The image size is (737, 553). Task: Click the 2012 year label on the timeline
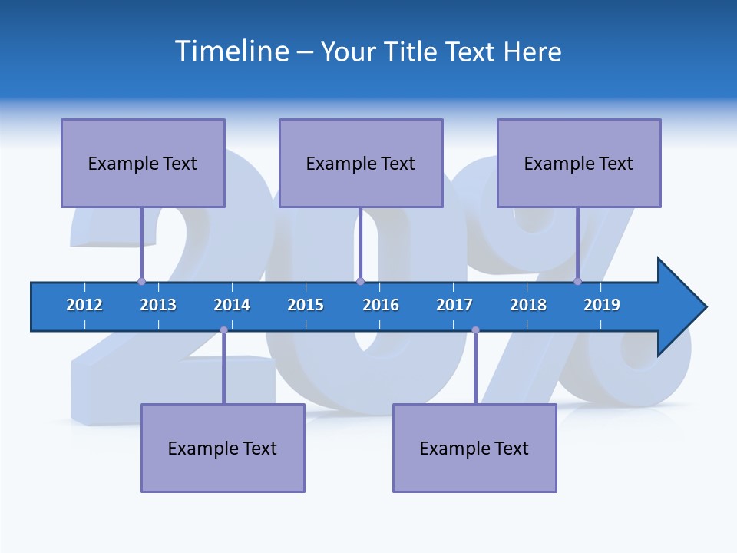click(84, 305)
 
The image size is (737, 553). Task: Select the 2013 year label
click(158, 305)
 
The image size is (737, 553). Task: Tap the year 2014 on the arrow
click(232, 305)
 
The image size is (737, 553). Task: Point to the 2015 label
click(306, 305)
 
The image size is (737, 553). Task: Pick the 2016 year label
click(381, 305)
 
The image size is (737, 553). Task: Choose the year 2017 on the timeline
click(454, 305)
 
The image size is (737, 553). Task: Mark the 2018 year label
click(528, 305)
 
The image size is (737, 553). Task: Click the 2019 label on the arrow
click(602, 305)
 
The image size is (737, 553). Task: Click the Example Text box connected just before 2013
click(143, 163)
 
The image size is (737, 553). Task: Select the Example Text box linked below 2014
click(223, 448)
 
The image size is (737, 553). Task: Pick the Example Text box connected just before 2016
click(361, 163)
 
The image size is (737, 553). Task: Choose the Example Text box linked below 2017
click(474, 448)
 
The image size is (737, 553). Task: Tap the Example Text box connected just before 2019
click(579, 163)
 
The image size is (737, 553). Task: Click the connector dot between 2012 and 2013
click(141, 281)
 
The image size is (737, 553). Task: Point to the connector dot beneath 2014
click(223, 330)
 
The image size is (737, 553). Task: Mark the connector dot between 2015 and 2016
click(360, 281)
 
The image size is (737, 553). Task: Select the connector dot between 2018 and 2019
click(578, 281)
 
